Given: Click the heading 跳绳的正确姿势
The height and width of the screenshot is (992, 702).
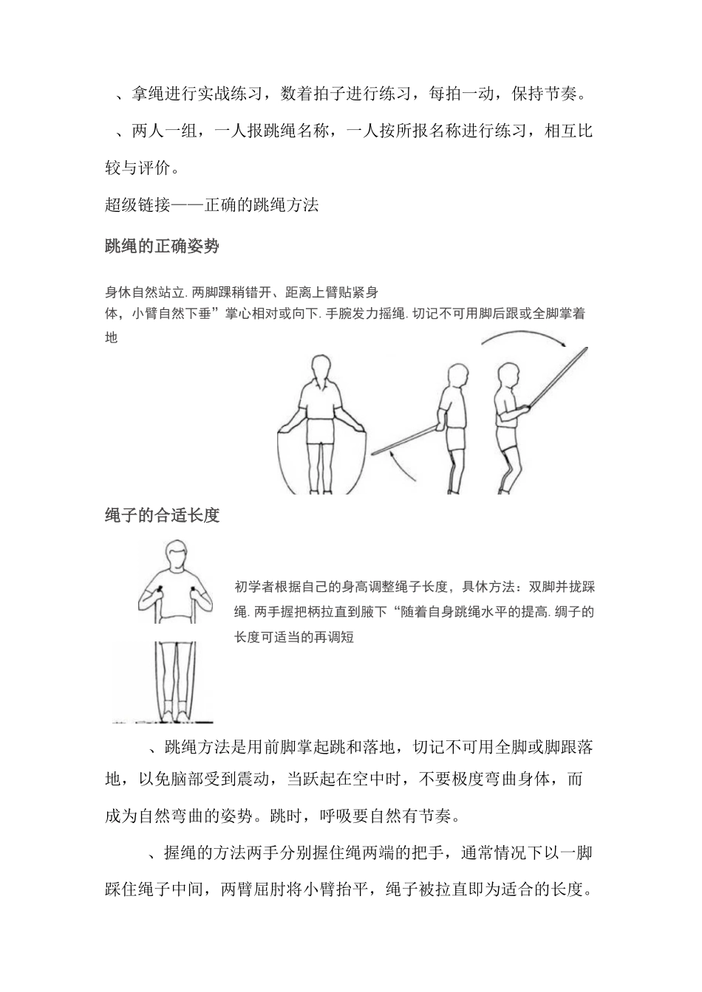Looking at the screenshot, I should coord(163,247).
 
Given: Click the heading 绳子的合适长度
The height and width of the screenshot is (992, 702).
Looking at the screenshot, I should coord(163,515).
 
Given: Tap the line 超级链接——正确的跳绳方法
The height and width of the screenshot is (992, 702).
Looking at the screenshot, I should coord(211,205).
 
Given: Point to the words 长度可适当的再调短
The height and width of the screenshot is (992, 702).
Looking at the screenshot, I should coord(294,637).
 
